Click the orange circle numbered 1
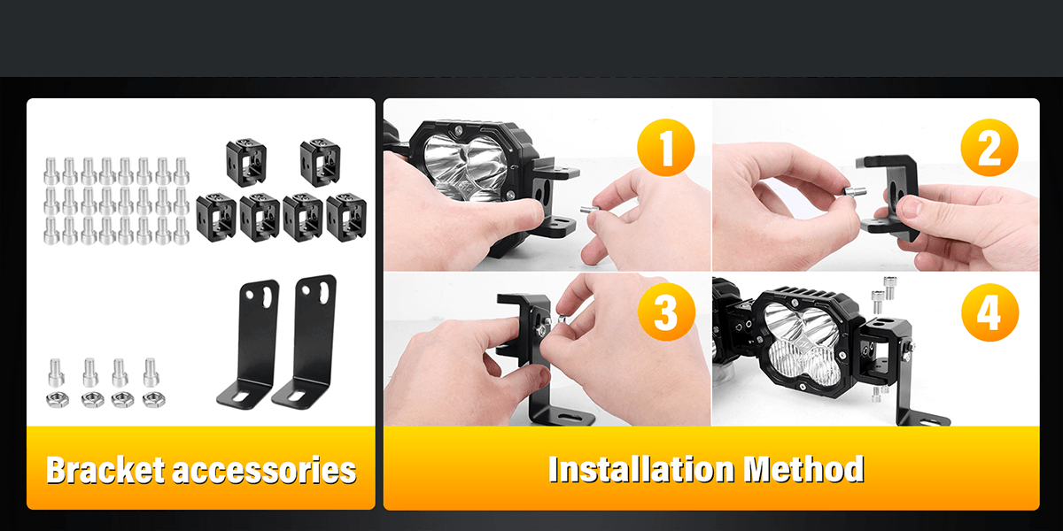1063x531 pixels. tap(666, 148)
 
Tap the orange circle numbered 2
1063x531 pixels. tap(989, 148)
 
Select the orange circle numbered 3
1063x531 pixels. tap(666, 312)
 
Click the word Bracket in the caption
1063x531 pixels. tap(105, 470)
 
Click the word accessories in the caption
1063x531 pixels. tap(264, 471)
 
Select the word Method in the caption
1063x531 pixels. tap(804, 469)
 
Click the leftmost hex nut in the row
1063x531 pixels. tap(58, 400)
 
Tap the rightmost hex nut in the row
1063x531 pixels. tap(154, 400)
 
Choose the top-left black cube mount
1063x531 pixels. tap(246, 162)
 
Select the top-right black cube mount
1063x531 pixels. tap(321, 162)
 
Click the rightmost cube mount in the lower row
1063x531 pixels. tap(346, 217)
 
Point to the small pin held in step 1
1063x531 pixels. tap(590, 209)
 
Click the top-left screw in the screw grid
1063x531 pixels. tap(50, 171)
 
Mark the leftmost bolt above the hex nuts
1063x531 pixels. tap(57, 373)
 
